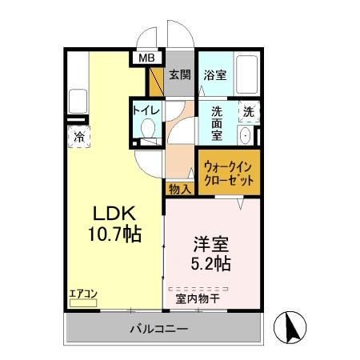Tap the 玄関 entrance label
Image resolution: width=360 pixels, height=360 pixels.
pos(180,75)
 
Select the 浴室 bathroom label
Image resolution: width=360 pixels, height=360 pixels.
pos(214,75)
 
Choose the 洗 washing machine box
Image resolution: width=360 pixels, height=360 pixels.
pos(249,111)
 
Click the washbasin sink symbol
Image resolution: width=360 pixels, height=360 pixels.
pos(246,135)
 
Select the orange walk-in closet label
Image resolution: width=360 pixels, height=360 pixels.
pos(230,174)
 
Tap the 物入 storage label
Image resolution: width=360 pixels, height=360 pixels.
pos(179,190)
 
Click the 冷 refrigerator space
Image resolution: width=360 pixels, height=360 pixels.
pos(79,136)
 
